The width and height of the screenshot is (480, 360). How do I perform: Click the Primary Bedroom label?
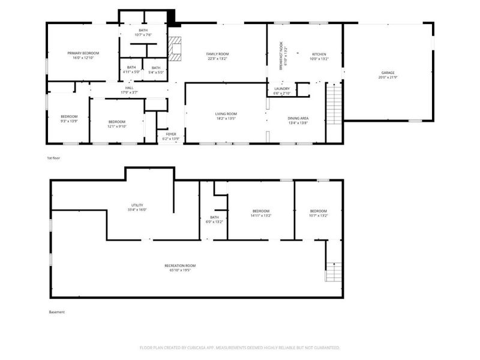tap(83, 53)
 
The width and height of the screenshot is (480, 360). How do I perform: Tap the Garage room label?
tap(387, 73)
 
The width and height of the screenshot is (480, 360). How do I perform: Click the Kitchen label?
tap(319, 54)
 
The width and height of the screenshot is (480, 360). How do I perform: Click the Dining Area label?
tap(298, 119)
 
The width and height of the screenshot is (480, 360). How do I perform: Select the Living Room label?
tap(226, 113)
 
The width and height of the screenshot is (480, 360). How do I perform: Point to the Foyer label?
tap(171, 134)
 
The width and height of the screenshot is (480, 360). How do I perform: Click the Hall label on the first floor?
tap(129, 88)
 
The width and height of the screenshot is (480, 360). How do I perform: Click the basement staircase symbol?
tap(333, 272)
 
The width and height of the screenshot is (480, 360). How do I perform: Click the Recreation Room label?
tap(180, 266)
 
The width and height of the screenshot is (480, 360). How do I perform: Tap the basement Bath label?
tap(214, 217)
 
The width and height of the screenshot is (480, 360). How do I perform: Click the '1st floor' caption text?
tap(54, 158)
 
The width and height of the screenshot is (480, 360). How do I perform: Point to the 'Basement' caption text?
tap(56, 312)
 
